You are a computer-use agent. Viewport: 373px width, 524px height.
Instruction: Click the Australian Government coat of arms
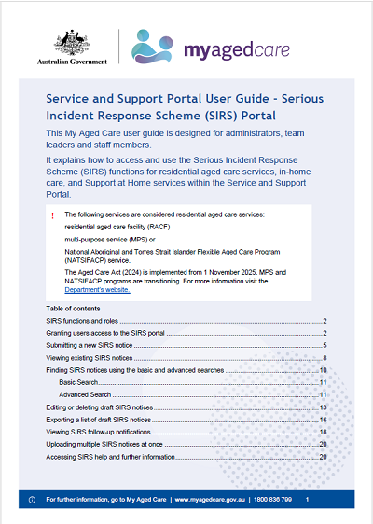[x=77, y=38]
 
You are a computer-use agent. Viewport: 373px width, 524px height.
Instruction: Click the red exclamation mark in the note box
[x=56, y=215]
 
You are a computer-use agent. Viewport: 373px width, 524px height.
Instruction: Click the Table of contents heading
[x=76, y=308]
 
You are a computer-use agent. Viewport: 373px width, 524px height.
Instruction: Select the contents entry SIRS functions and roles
[x=85, y=320]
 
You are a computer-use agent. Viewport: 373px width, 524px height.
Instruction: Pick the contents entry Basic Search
[x=81, y=383]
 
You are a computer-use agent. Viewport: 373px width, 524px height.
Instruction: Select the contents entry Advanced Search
[x=87, y=395]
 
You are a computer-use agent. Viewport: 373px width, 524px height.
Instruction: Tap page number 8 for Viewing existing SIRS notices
[x=323, y=358]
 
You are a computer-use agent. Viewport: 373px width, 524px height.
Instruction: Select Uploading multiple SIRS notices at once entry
[x=115, y=446]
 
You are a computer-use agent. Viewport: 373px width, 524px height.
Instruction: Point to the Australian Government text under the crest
[x=77, y=62]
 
